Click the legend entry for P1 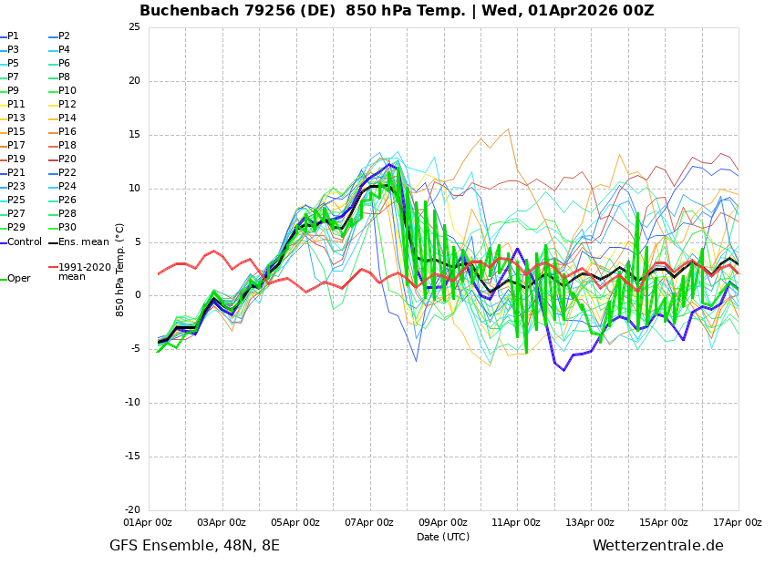coord(13,36)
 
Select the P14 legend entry coord(67,118)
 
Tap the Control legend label coord(25,241)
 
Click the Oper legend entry coord(18,278)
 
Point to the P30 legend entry coord(67,228)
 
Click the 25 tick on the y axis coord(134,27)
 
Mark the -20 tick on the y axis coord(131,510)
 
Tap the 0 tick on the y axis coord(137,295)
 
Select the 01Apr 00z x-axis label coord(148,523)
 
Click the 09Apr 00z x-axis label coord(442,523)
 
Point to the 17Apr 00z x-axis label coord(738,523)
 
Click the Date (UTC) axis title coord(443,537)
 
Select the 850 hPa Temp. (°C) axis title coord(120,269)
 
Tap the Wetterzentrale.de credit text coord(657,546)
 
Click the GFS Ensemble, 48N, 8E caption coord(194,546)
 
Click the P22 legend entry coord(67,173)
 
